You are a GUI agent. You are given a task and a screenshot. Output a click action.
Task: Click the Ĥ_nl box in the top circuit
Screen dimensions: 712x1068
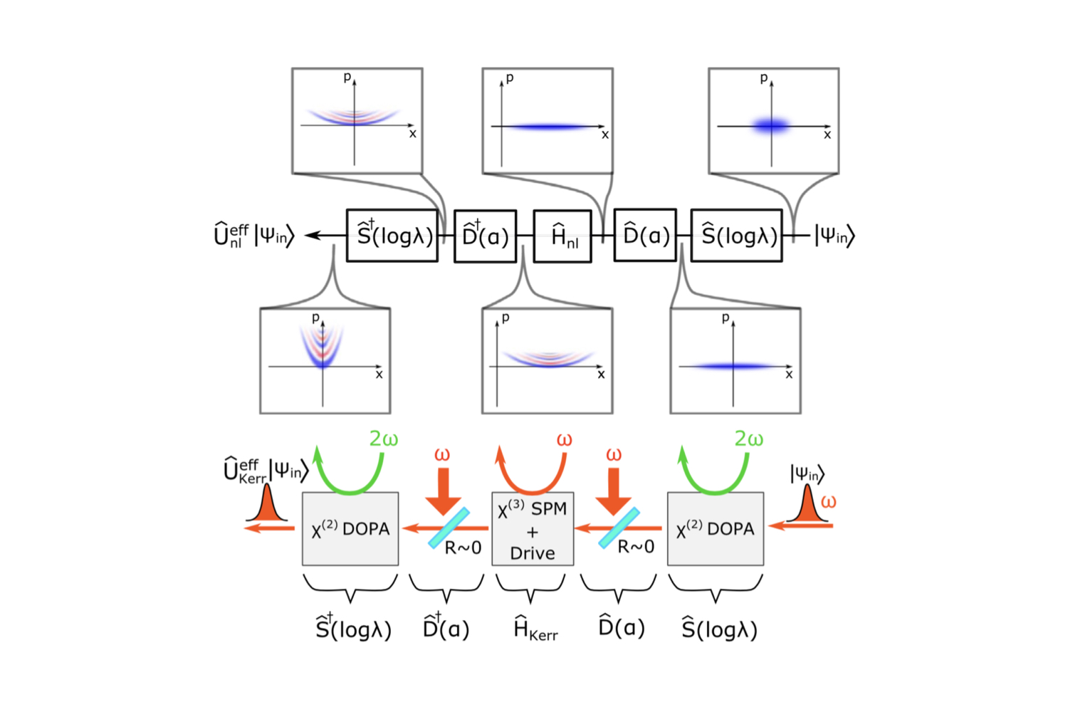pos(562,236)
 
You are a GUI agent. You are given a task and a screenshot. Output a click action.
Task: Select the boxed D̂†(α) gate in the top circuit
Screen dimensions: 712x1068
pos(486,236)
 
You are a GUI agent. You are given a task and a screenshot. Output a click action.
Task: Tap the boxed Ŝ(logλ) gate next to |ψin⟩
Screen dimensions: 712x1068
pos(736,236)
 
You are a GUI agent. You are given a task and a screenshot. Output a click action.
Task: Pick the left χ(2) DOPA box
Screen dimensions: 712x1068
pos(350,529)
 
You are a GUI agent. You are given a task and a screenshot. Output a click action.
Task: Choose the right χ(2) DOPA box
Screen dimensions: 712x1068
pos(715,529)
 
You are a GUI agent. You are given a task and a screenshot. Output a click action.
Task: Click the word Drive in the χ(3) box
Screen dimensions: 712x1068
pos(533,553)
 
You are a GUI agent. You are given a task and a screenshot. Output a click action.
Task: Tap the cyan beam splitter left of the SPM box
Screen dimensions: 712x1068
pos(449,528)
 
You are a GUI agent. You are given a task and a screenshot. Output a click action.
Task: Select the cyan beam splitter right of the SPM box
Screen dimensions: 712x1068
pos(619,528)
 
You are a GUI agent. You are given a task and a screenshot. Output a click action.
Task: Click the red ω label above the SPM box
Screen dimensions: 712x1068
pos(564,440)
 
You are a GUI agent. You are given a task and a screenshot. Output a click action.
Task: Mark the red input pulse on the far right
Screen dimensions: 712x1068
pos(807,506)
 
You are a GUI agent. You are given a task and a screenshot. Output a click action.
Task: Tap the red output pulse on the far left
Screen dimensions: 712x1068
pos(267,506)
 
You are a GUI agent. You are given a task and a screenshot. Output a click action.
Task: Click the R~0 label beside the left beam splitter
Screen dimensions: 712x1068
pos(463,548)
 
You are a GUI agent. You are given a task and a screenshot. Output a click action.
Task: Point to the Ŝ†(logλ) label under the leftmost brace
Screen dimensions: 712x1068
pos(353,629)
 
